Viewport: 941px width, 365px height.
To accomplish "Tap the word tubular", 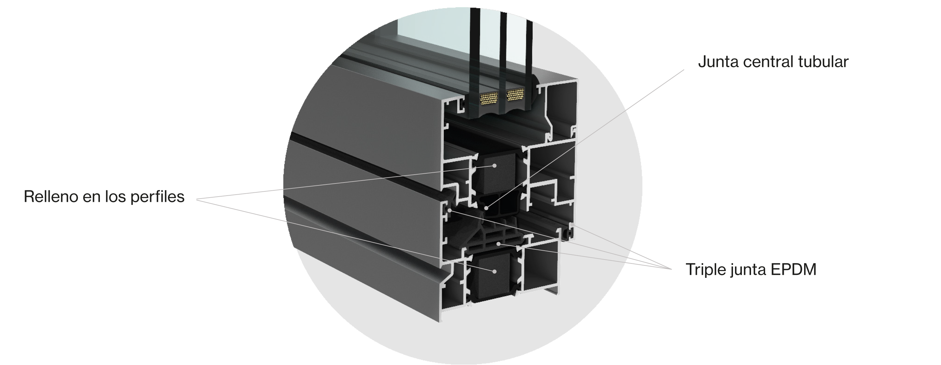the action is [x=823, y=62].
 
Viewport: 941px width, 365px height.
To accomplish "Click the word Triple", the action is [x=705, y=270].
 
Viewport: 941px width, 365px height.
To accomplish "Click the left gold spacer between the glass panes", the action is [x=489, y=98].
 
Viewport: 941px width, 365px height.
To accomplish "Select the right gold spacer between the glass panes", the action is [x=515, y=95].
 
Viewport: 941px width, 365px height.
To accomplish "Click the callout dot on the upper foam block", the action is [x=495, y=165].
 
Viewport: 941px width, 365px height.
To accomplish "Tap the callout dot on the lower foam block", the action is [x=494, y=272].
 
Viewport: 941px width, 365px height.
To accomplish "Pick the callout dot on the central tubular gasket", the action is [x=486, y=208].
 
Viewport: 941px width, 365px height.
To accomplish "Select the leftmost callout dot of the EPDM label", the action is [x=450, y=211].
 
